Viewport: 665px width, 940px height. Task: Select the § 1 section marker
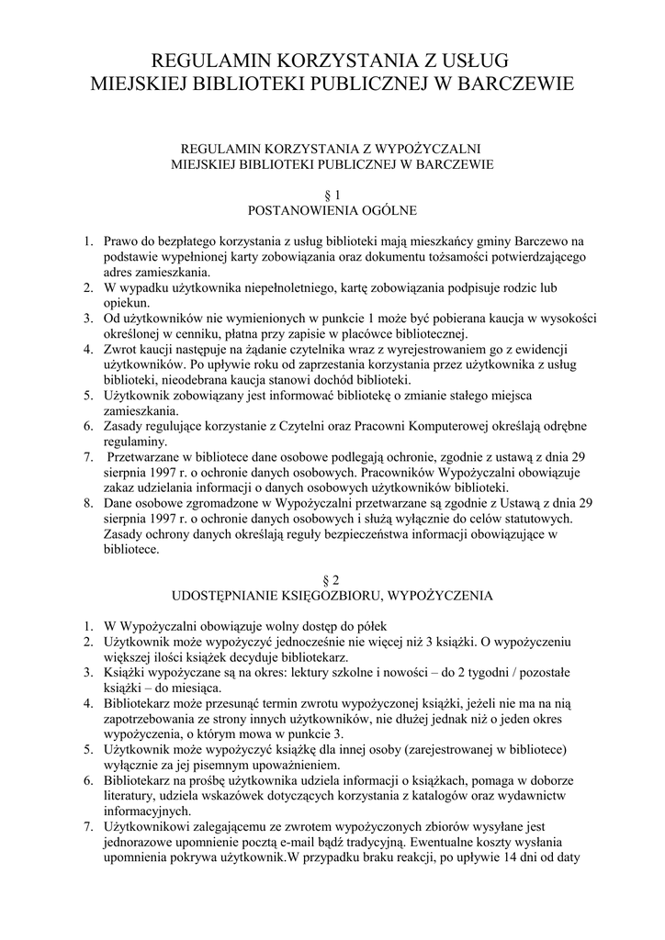(332, 195)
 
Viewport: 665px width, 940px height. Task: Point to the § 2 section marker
(332, 579)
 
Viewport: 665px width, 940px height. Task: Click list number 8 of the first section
(86, 503)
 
